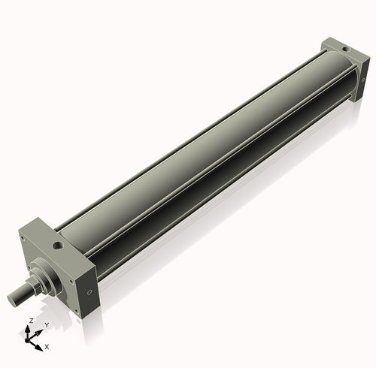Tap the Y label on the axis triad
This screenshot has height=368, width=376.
[x=46, y=324]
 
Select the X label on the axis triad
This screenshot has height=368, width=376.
[x=47, y=347]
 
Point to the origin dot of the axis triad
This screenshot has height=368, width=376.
[x=31, y=339]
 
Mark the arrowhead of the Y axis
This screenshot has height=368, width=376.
[x=39, y=330]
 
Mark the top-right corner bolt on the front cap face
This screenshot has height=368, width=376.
[x=75, y=262]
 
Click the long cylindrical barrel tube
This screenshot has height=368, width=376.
[x=203, y=150]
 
